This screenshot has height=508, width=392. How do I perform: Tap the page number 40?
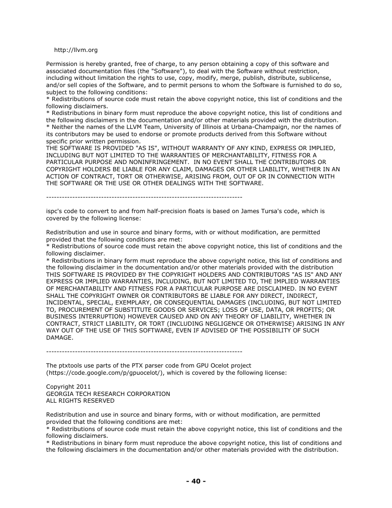pos(196,481)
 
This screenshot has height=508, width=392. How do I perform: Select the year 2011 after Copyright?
pos(81,386)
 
